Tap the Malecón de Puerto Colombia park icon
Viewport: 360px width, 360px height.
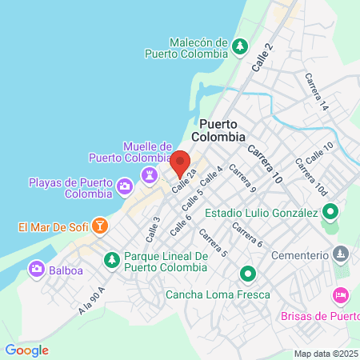pyautogui.click(x=238, y=47)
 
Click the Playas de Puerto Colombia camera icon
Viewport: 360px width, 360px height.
pyautogui.click(x=125, y=187)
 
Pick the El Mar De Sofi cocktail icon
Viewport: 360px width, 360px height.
pyautogui.click(x=99, y=226)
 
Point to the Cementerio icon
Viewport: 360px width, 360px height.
pyautogui.click(x=341, y=254)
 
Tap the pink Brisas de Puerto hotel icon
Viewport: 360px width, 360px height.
pyautogui.click(x=341, y=296)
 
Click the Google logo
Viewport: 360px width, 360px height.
pyautogui.click(x=26, y=350)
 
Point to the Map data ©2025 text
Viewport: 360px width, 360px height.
pyautogui.click(x=326, y=354)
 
